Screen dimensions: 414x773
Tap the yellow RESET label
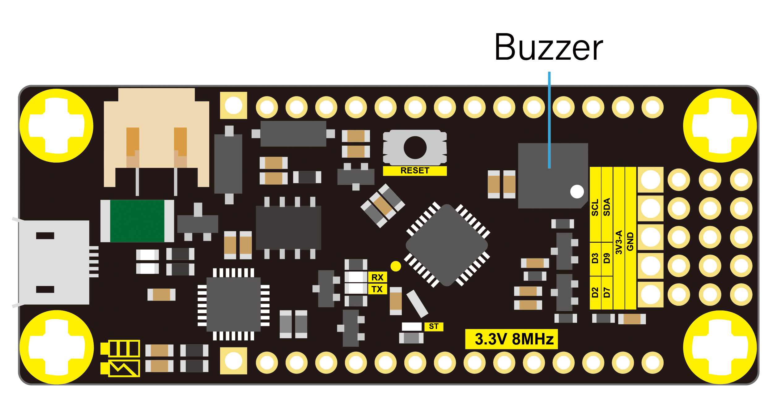pyautogui.click(x=415, y=171)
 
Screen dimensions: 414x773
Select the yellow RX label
pyautogui.click(x=377, y=277)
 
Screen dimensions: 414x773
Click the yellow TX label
pyautogui.click(x=377, y=289)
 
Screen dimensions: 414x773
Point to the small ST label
pyautogui.click(x=434, y=327)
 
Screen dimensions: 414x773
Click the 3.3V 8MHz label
pyautogui.click(x=512, y=339)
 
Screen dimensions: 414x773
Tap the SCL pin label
pyautogui.click(x=595, y=207)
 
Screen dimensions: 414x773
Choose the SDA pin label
pyautogui.click(x=607, y=207)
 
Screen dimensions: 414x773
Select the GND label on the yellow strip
pyautogui.click(x=630, y=241)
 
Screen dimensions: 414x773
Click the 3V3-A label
pyautogui.click(x=619, y=242)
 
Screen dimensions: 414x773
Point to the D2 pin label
pyautogui.click(x=595, y=292)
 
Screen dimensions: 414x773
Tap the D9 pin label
pyautogui.click(x=607, y=258)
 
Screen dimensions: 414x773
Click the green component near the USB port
pyautogui.click(x=137, y=221)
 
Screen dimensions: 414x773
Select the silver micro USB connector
pyautogui.click(x=54, y=262)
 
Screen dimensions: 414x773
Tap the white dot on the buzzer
pyautogui.click(x=577, y=191)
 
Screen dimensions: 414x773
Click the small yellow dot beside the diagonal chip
pyautogui.click(x=396, y=266)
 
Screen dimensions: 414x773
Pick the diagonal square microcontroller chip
pyautogui.click(x=447, y=245)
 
